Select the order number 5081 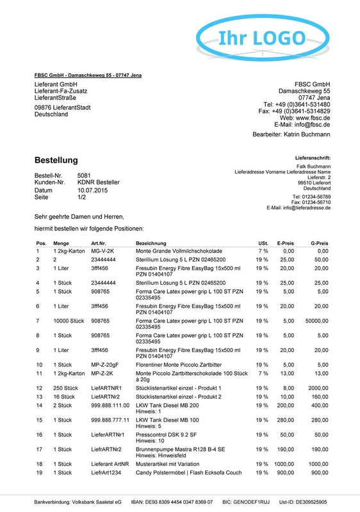tap(84, 175)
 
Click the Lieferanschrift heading tap(313, 156)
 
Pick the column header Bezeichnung tap(151, 244)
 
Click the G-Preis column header tap(319, 244)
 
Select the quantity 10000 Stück tap(69, 320)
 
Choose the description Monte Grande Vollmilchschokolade tap(179, 252)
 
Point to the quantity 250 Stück tap(66, 388)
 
